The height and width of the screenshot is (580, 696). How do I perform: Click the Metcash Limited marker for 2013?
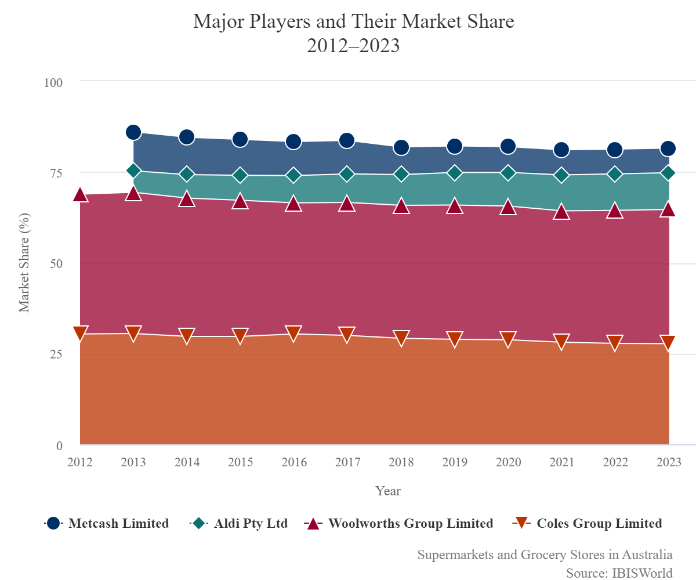coord(133,132)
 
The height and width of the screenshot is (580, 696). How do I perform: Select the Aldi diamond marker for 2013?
coord(133,171)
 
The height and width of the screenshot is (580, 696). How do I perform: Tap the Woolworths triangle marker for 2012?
coord(81,195)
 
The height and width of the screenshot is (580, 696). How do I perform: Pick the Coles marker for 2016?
coord(293,333)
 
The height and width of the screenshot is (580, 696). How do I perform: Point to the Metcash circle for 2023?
coord(668,148)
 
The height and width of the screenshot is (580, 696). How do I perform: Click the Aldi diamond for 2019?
coord(454,173)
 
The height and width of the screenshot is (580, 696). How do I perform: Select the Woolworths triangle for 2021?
coord(561,212)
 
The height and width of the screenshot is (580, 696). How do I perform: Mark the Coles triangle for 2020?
coord(507,339)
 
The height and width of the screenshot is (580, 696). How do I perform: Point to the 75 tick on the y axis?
coord(57,173)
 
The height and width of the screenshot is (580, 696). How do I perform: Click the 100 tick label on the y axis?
coord(53,82)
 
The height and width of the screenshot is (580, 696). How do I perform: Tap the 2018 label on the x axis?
coord(401,462)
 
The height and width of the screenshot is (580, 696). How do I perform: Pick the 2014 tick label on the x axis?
coord(187,462)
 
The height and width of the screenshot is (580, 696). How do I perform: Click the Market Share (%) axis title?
coord(24,263)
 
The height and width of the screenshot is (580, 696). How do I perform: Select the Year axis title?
coord(387,491)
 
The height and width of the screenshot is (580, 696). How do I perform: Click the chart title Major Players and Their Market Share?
coord(353,22)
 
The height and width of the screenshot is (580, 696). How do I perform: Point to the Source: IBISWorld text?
coord(619,573)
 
